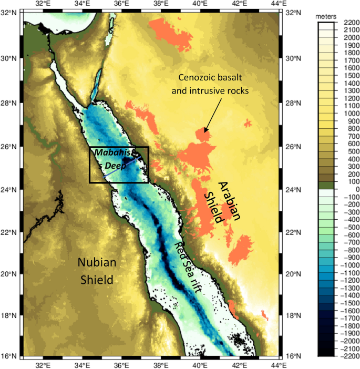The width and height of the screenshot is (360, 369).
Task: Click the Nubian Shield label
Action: [x=96, y=271]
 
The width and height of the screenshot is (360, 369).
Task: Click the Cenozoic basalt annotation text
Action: [x=213, y=84]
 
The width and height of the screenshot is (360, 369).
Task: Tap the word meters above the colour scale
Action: [x=326, y=17]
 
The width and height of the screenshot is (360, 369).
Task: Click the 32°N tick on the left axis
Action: [x=9, y=13]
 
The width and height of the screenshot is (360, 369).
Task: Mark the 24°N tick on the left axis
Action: [x=9, y=190]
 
